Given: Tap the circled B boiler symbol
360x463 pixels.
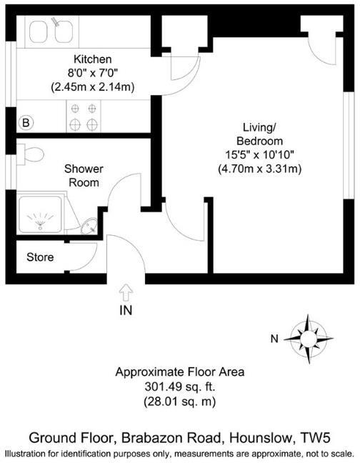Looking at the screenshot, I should (26, 123).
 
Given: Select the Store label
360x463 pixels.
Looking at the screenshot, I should (40, 257).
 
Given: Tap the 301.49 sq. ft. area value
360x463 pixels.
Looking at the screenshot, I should (180, 387).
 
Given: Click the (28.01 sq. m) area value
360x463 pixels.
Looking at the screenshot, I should (180, 402).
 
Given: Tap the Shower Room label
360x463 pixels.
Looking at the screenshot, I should (84, 176).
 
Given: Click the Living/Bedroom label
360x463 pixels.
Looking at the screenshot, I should (259, 134).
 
